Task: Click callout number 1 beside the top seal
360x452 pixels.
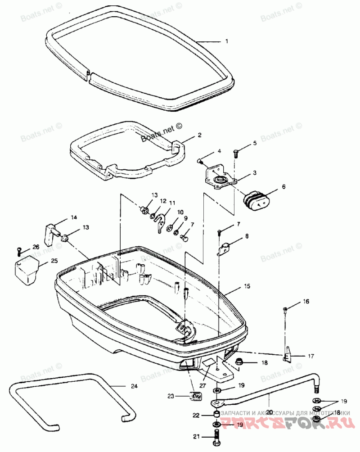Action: point(227,41)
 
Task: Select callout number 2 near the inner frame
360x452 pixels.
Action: point(199,135)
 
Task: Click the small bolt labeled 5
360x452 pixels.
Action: point(237,153)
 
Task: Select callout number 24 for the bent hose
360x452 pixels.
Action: point(134,386)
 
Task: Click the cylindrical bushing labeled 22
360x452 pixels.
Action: point(216,414)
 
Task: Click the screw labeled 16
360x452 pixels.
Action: point(286,308)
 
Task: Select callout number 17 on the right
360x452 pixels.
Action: point(311,356)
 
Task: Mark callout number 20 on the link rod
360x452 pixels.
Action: point(270,411)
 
